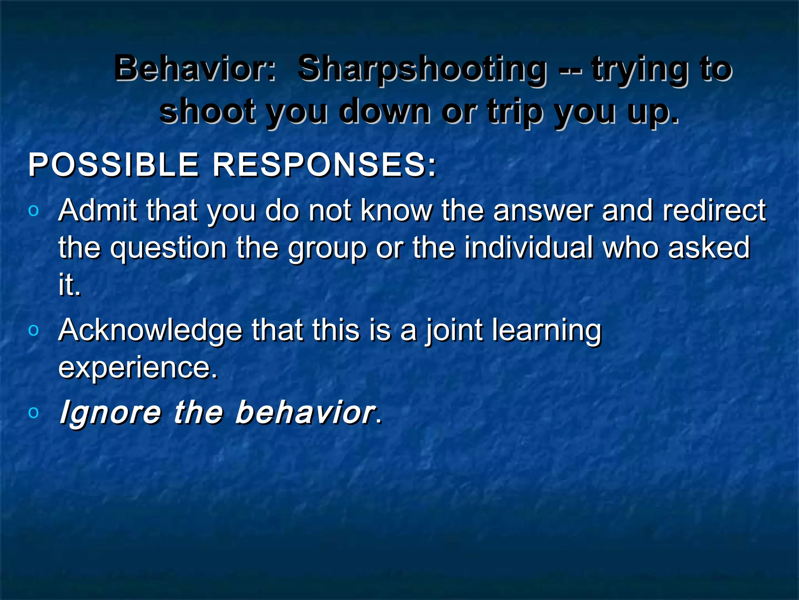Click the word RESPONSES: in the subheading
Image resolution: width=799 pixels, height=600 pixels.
pos(324,165)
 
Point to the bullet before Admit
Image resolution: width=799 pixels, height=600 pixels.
pos(34,211)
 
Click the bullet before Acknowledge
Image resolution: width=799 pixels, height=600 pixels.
pos(34,330)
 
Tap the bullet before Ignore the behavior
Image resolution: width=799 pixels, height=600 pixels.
pos(34,412)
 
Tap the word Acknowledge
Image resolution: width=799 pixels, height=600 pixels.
pos(150,330)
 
